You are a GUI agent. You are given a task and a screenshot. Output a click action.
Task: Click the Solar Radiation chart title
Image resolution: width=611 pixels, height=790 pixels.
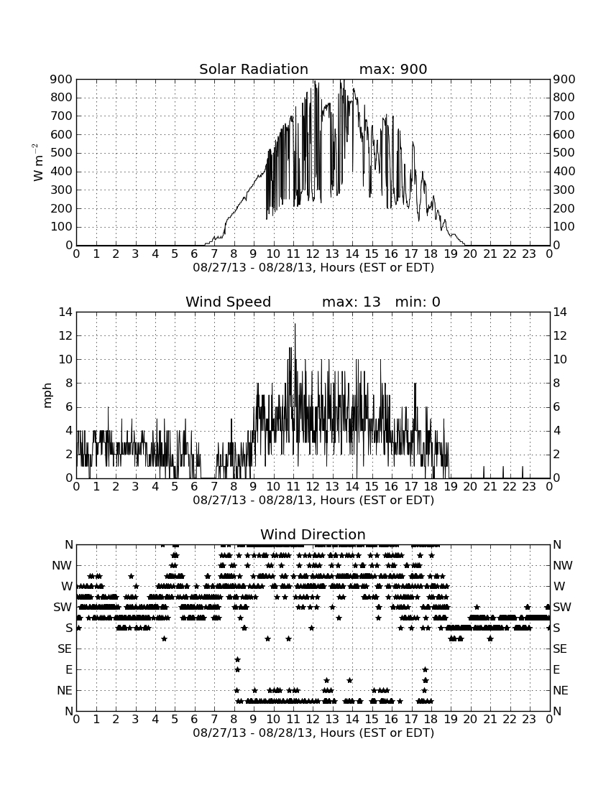click(x=254, y=69)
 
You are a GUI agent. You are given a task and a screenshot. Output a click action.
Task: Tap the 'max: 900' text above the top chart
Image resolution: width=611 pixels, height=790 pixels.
click(x=393, y=69)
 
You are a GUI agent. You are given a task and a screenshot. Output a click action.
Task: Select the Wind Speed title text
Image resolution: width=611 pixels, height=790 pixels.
click(x=229, y=302)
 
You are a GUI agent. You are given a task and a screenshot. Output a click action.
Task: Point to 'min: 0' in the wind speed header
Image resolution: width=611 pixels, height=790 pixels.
click(x=418, y=302)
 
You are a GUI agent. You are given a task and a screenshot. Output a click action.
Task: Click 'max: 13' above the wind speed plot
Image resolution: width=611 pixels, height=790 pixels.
click(x=352, y=302)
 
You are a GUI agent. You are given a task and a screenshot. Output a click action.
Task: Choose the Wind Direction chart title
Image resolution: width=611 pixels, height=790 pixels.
click(x=313, y=534)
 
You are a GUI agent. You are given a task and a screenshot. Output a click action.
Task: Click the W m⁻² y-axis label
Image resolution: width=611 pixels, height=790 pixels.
click(x=38, y=162)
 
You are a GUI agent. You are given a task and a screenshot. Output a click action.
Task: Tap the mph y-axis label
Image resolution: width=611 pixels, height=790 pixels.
click(x=47, y=396)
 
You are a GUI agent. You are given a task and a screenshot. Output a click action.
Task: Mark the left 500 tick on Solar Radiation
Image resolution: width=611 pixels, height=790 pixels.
click(x=62, y=153)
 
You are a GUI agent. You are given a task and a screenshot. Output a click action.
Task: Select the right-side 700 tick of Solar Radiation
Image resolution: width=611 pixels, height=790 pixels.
click(x=564, y=116)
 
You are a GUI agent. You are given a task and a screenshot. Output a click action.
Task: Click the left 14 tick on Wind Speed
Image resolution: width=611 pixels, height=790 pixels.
click(x=66, y=312)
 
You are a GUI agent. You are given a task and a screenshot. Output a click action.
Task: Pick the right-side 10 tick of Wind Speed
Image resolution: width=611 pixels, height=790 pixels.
click(x=560, y=359)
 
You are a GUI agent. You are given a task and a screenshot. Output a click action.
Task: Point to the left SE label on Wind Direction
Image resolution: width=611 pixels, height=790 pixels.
click(x=65, y=649)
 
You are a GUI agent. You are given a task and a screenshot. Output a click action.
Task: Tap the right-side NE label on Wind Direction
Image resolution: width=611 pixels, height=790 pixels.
click(x=561, y=690)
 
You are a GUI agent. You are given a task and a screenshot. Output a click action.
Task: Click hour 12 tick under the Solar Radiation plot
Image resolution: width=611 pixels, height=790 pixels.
click(x=313, y=254)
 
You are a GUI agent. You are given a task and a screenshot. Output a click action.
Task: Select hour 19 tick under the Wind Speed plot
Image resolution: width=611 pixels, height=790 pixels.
click(x=451, y=487)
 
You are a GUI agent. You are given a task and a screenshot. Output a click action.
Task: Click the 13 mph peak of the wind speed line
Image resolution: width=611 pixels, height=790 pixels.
click(x=295, y=324)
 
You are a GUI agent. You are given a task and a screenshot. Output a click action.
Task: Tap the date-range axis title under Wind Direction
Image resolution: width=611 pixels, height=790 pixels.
click(x=313, y=733)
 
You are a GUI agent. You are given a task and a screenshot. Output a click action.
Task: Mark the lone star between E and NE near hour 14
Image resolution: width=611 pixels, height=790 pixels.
click(x=350, y=680)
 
